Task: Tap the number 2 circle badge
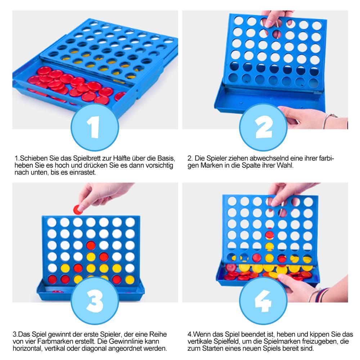pyautogui.click(x=263, y=127)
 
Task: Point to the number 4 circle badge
pyautogui.click(x=263, y=301)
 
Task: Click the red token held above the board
pyautogui.click(x=78, y=210)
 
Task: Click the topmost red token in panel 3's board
pyautogui.click(x=91, y=245)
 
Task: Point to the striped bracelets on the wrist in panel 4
pyautogui.click(x=320, y=294)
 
